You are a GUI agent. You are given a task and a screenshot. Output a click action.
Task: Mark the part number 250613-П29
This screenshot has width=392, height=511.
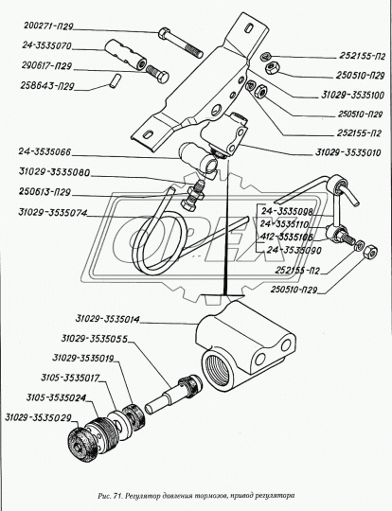[45, 191]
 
